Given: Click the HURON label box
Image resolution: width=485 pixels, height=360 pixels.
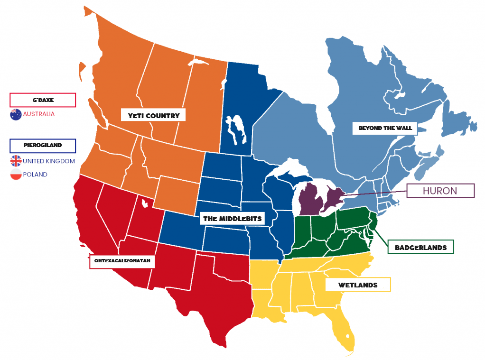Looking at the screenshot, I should [x=440, y=191].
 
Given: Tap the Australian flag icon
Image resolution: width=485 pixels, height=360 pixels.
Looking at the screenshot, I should [x=16, y=114].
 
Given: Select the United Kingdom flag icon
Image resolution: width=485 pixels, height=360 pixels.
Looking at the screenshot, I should [x=16, y=161].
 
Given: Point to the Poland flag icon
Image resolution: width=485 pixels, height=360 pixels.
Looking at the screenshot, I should [x=16, y=175].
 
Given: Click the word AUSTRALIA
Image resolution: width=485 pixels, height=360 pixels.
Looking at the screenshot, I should [x=39, y=114].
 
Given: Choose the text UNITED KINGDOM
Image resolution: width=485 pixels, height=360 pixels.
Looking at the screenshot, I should [x=49, y=161].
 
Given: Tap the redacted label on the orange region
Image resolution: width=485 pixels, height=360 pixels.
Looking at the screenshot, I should [x=153, y=115].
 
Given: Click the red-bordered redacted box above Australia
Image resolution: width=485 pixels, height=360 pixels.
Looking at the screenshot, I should [x=43, y=100].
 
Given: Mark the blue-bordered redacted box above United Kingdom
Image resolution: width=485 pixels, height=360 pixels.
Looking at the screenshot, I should [x=43, y=145].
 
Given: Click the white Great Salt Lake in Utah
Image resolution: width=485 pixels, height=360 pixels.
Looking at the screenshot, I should [x=145, y=204].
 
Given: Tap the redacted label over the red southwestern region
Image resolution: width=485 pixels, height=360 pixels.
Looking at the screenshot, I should [x=122, y=261].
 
